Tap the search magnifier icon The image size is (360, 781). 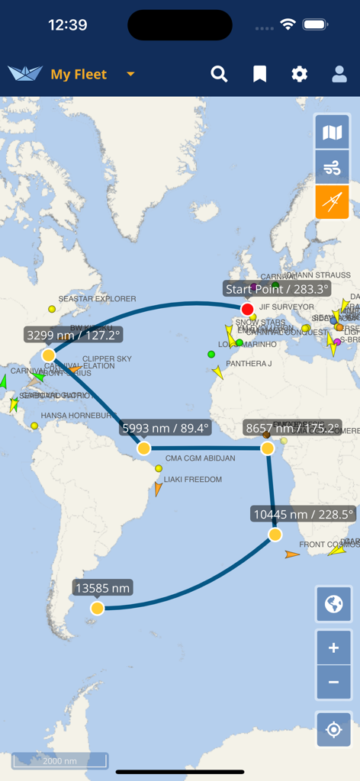(220, 74)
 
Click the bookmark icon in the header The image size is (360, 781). (260, 74)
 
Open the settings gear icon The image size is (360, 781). (300, 74)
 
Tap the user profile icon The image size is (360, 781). (339, 74)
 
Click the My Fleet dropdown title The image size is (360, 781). (79, 74)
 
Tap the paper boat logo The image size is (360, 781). (25, 73)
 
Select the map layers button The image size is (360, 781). (333, 133)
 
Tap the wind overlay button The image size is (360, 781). (333, 168)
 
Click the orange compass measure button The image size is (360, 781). (333, 202)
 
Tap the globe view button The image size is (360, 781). (333, 605)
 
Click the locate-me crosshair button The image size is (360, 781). (333, 730)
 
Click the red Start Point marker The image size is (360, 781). (247, 309)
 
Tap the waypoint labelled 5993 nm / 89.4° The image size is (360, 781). (144, 448)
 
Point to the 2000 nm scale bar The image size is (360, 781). (59, 760)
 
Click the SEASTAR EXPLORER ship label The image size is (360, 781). (97, 299)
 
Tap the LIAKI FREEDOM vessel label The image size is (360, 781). (192, 480)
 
